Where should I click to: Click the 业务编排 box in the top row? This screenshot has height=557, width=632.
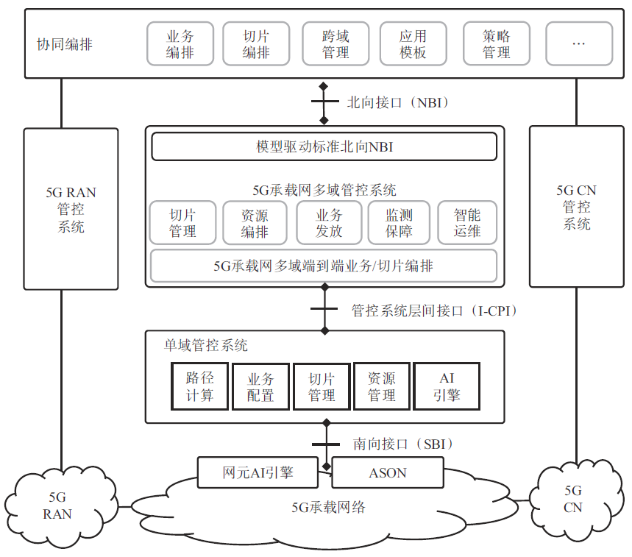pos(180,44)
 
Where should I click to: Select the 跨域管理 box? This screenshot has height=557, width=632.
pos(335,44)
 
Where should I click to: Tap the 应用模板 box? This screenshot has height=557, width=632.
pos(413,44)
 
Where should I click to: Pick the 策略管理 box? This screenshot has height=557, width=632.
pos(497,44)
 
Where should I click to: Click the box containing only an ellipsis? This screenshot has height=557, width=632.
pos(578,44)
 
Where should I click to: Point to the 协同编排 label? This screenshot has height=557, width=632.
pos(65,44)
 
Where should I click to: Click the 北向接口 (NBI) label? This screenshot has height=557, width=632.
pos(397,102)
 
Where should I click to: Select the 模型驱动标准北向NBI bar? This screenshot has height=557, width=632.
pos(324,146)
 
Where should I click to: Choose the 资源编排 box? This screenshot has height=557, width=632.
pos(255,223)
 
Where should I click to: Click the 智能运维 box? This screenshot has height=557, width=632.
pos(467,223)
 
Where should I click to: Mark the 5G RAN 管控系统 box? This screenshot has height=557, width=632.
pos(71,209)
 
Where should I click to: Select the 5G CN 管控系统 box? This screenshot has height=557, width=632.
pos(576,206)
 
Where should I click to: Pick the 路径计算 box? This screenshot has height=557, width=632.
pos(199,386)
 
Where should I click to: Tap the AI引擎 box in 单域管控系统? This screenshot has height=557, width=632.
pos(447,386)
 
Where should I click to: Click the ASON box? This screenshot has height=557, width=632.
pos(388,472)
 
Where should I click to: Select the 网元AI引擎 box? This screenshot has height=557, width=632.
pos(258,472)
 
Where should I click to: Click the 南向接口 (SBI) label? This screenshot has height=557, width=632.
pos(402,444)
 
